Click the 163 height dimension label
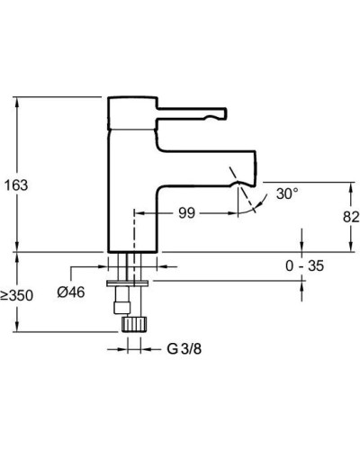point(17,184)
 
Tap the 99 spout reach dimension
point(187,212)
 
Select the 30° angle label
point(286,193)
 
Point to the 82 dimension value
point(351,217)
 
